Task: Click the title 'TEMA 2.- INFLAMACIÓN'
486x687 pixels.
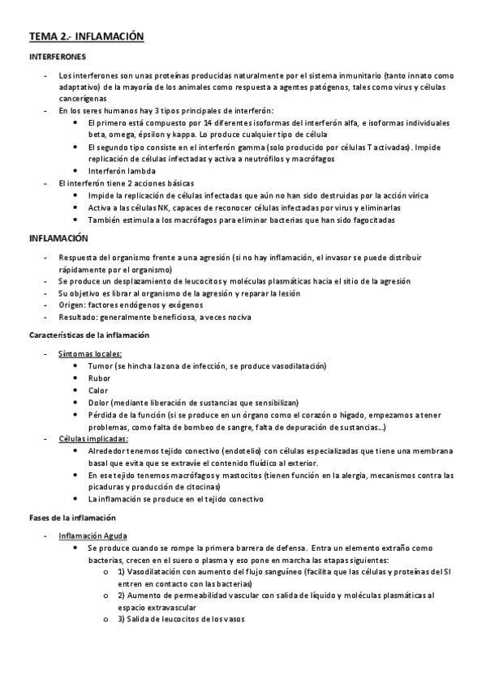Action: point(86,36)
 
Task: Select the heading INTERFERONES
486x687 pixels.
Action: point(58,58)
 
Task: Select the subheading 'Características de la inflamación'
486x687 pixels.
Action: point(88,335)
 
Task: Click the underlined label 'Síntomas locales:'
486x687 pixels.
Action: point(90,354)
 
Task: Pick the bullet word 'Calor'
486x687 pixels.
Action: point(98,390)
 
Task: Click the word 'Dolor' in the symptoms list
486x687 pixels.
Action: point(98,403)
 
